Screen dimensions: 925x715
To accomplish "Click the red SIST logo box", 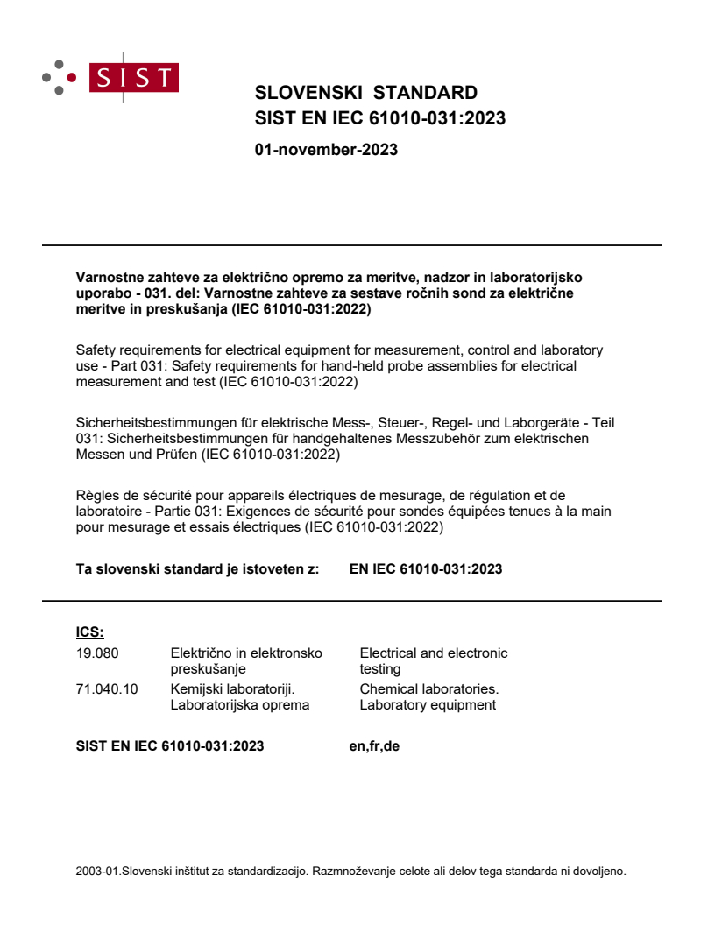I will click(135, 77).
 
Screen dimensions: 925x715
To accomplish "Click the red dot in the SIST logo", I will click(73, 77).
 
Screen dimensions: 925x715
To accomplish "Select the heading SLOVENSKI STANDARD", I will click(365, 93).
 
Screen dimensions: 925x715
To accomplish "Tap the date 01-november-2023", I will click(326, 150).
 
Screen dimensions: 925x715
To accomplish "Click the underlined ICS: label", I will click(90, 632).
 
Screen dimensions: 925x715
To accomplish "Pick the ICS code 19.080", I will click(97, 653).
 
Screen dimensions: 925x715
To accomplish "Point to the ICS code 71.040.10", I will click(107, 688).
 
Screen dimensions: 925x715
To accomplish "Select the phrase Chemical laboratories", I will click(429, 688).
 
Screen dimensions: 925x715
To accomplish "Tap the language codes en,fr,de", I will click(374, 746).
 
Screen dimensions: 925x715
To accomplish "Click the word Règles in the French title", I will click(96, 496).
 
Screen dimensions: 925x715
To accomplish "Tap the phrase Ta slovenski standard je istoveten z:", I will click(198, 569).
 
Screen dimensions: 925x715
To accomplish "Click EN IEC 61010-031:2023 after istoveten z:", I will click(426, 569).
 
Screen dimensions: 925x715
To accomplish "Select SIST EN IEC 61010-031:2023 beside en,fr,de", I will click(170, 746).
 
